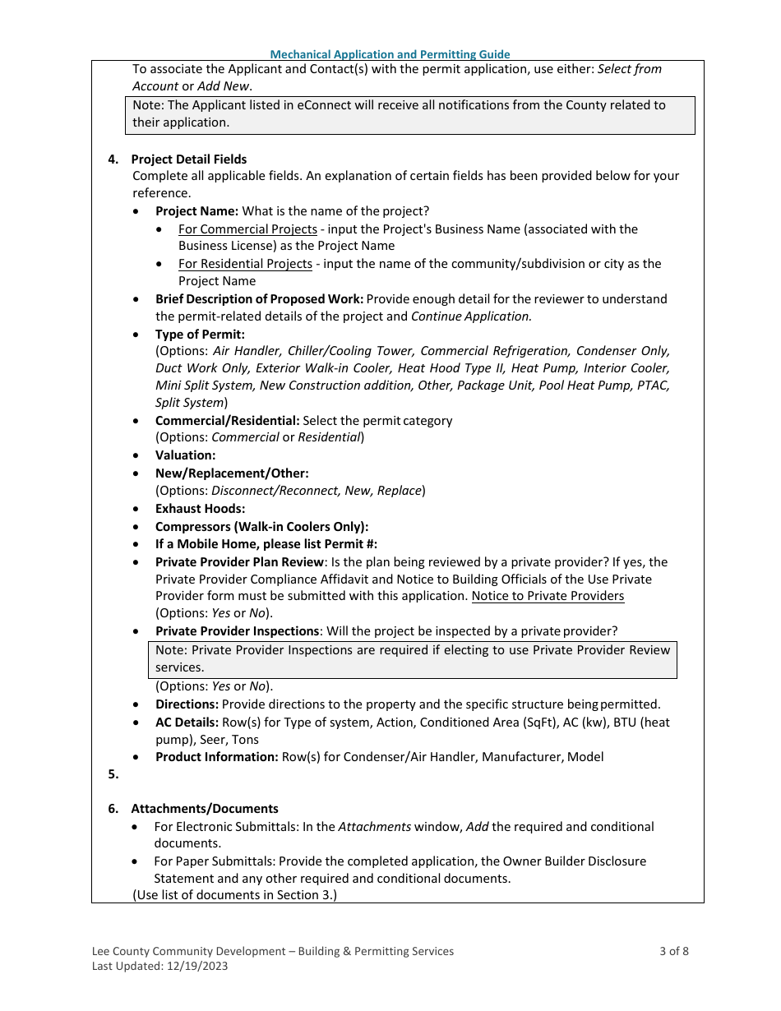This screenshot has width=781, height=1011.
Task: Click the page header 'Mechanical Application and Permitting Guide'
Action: (390, 54)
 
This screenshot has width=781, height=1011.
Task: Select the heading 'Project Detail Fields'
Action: (188, 159)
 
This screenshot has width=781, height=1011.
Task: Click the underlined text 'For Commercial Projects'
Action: (247, 229)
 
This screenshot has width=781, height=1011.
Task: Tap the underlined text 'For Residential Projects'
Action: (245, 264)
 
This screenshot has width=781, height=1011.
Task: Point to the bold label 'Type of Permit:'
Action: (200, 335)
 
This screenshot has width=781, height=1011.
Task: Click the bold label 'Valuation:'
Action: (185, 455)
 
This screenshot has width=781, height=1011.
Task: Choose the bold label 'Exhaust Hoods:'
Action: (200, 509)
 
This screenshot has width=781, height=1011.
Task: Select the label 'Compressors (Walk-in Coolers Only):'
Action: (261, 526)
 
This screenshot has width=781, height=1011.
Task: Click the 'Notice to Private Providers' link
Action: (548, 596)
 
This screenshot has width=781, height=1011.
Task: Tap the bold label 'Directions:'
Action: (187, 704)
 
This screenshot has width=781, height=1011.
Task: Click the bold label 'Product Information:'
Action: (216, 757)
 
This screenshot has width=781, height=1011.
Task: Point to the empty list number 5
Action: (113, 774)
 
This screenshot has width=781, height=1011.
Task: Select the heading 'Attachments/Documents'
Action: (205, 809)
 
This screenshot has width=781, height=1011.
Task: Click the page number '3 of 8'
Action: (673, 951)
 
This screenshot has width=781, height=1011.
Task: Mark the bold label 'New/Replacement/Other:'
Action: (232, 473)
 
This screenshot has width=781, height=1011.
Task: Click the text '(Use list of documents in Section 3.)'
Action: (234, 895)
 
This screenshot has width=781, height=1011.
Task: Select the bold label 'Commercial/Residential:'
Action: (227, 421)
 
